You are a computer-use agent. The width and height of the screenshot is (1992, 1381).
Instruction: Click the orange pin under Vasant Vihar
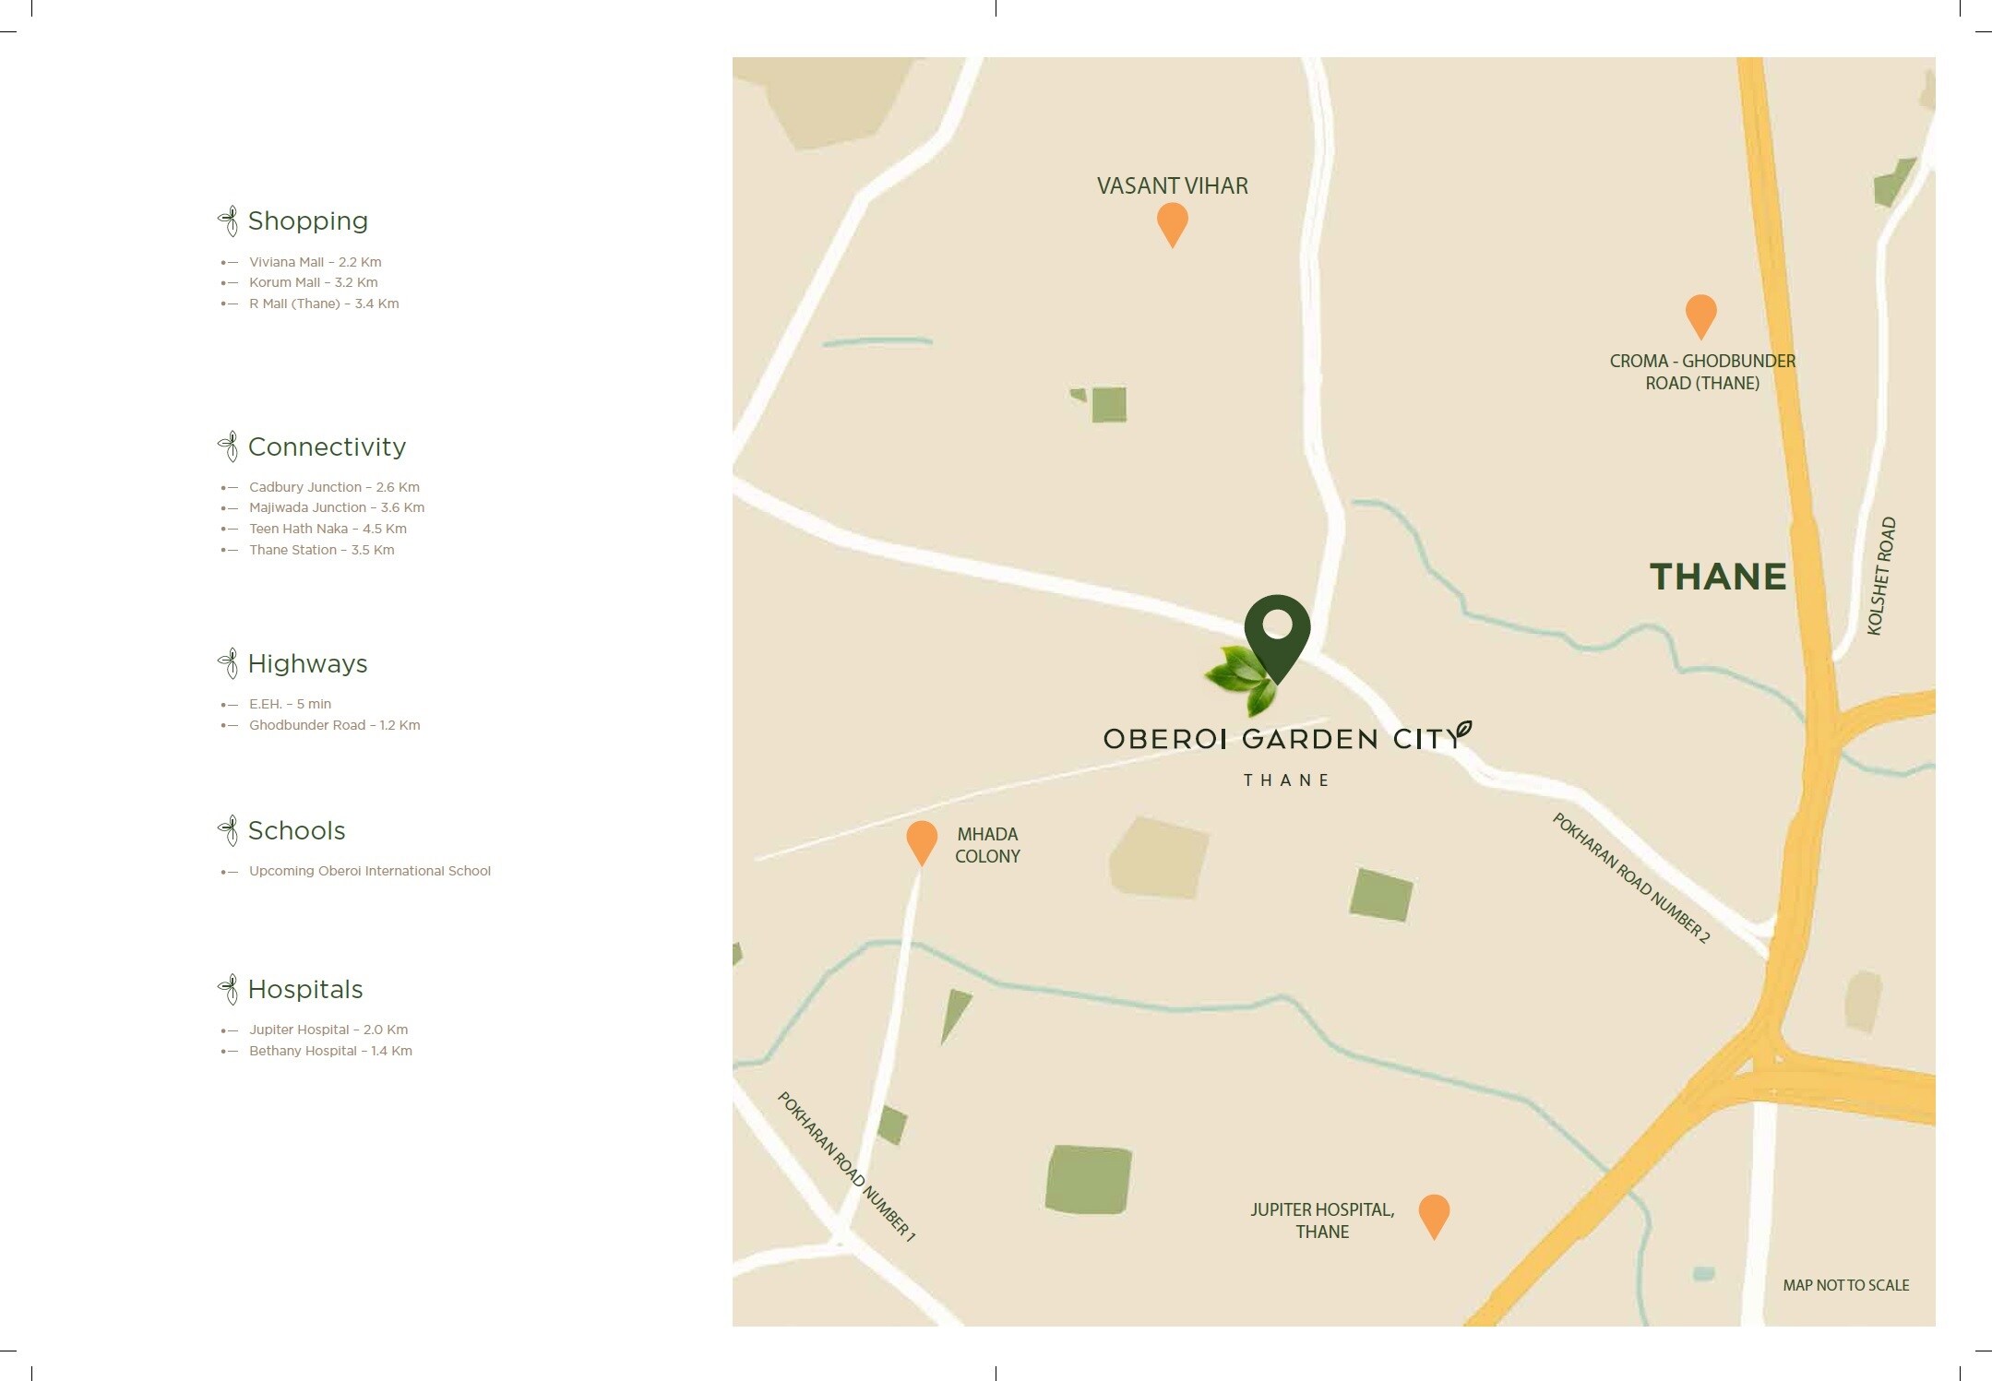click(1172, 222)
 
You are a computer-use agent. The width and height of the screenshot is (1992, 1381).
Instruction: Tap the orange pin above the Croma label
click(1700, 314)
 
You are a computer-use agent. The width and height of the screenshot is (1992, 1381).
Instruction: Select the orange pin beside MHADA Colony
click(922, 840)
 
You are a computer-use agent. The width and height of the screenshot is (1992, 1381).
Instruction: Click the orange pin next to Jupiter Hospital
click(1434, 1213)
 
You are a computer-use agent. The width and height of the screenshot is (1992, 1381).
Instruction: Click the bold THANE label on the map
click(1718, 577)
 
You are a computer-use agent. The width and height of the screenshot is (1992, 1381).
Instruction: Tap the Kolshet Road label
click(1880, 576)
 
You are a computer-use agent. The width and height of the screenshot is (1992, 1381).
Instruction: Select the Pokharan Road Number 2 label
click(1630, 877)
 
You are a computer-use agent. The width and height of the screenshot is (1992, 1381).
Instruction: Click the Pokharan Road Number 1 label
click(846, 1166)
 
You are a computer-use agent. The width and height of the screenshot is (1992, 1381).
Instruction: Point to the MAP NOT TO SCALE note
click(1845, 1285)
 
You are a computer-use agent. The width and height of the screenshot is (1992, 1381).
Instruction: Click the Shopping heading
click(307, 221)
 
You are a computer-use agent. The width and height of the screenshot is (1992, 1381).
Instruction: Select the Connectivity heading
click(327, 447)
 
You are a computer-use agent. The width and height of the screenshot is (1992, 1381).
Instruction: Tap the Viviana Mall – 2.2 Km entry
click(315, 262)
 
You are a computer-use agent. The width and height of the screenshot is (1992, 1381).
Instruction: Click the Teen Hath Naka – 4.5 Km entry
click(328, 529)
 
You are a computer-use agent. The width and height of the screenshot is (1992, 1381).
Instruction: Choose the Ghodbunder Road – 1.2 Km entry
click(334, 725)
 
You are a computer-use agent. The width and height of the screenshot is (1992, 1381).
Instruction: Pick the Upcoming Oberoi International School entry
click(369, 871)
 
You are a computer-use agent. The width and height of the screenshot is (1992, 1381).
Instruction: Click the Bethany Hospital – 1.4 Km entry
click(330, 1051)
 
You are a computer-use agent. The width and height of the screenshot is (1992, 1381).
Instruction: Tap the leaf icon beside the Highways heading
click(228, 663)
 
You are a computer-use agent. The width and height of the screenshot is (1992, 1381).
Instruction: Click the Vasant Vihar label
click(1172, 185)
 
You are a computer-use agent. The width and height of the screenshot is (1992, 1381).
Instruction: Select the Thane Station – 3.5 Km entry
click(321, 550)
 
